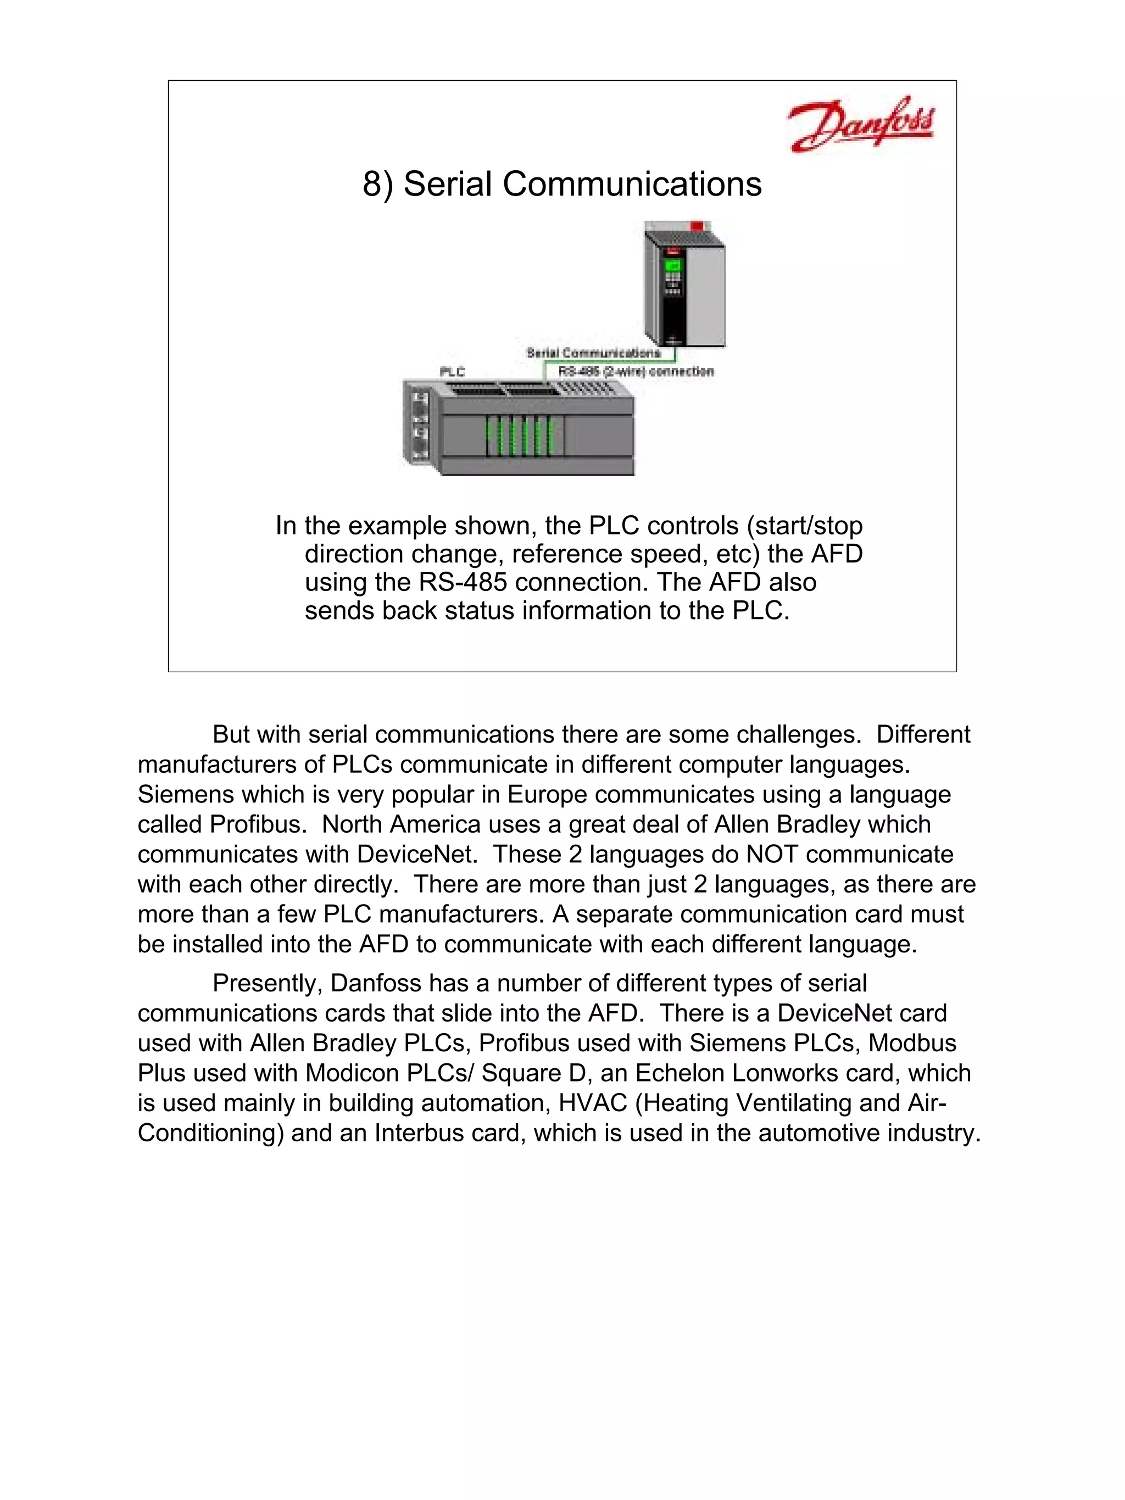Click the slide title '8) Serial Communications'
pos(561,184)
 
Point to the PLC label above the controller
pos(452,372)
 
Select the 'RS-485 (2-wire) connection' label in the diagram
pos(636,372)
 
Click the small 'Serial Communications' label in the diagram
pos(593,353)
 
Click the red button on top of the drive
pos(696,226)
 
